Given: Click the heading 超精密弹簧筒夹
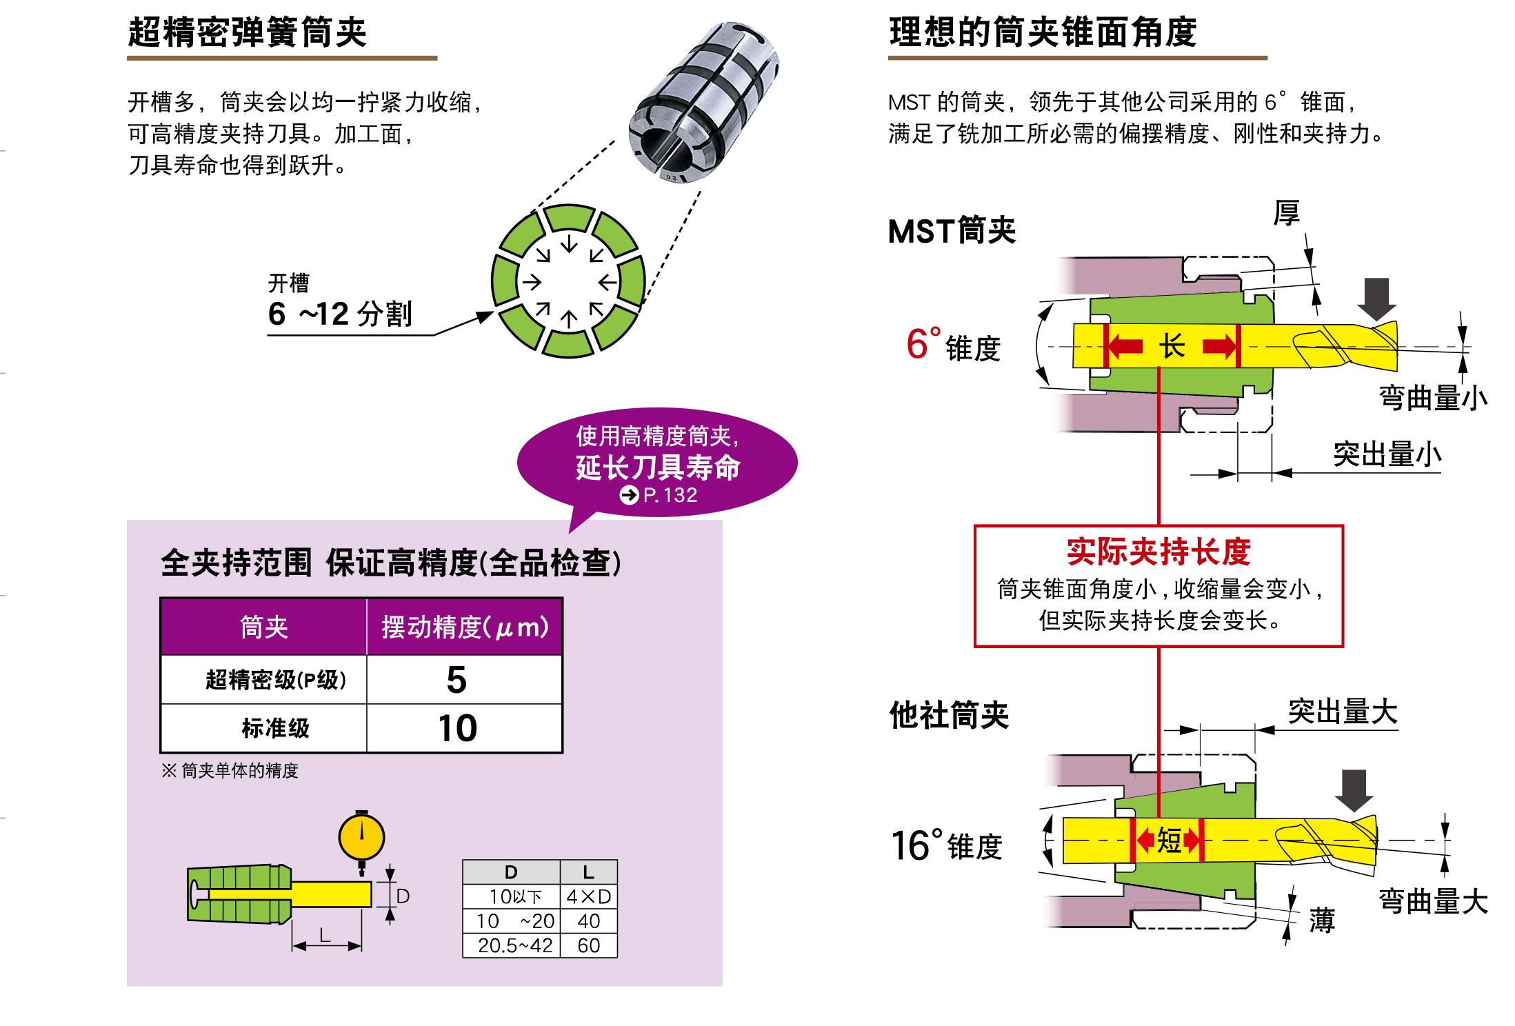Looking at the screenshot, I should click(x=247, y=32).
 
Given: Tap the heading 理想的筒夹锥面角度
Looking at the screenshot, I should click(x=1042, y=32).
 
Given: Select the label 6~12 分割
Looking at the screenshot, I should click(x=339, y=314).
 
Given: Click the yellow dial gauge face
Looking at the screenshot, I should click(x=361, y=837).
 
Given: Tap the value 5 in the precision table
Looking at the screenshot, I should click(x=456, y=680).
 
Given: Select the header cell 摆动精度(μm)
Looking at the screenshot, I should click(x=465, y=627).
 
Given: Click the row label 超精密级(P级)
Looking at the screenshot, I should click(x=275, y=680).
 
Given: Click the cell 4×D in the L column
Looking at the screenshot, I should click(x=588, y=896).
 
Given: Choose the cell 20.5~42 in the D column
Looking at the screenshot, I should click(x=514, y=945).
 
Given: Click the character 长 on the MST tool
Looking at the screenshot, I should click(x=1172, y=346).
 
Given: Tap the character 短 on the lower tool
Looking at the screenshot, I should click(x=1168, y=841).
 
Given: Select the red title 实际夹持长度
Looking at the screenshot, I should click(x=1158, y=551).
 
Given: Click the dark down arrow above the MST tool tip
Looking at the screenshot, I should click(x=1376, y=297).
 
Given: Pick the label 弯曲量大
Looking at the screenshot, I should click(x=1433, y=901).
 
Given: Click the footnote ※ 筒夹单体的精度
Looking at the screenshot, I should click(x=230, y=770).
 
